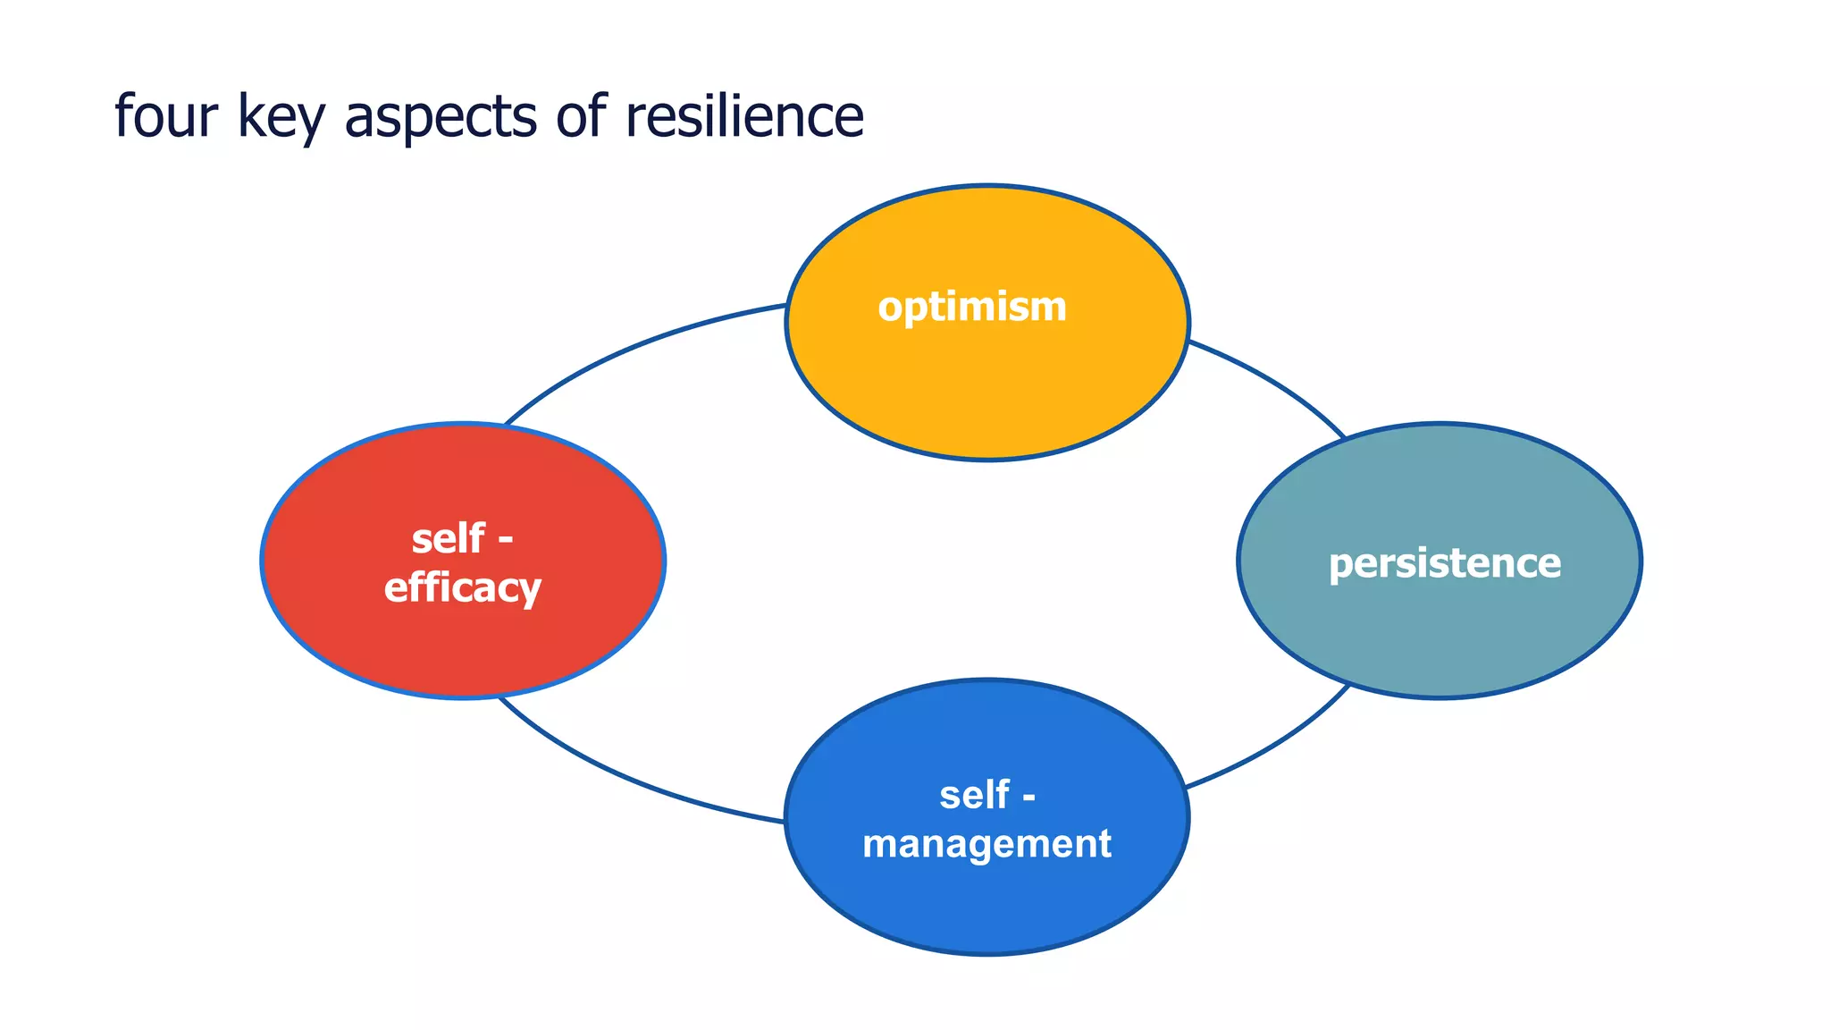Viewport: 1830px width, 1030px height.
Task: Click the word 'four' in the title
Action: (x=166, y=116)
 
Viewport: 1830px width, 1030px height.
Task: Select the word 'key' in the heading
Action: (x=281, y=118)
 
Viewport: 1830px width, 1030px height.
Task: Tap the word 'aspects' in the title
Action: (x=440, y=118)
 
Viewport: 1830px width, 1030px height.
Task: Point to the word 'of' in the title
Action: (x=580, y=116)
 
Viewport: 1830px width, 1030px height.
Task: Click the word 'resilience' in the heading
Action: (x=744, y=116)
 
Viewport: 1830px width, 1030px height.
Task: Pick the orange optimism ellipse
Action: (x=986, y=393)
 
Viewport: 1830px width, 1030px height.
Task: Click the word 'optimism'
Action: (x=972, y=307)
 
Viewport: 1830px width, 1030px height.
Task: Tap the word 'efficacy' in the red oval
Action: (x=462, y=587)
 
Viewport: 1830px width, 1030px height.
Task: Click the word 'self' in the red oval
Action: (x=449, y=539)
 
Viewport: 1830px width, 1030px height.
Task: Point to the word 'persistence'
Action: (x=1444, y=563)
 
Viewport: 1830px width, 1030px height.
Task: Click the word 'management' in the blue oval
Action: (x=986, y=843)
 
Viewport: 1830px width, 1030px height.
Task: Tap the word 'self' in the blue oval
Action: (x=974, y=795)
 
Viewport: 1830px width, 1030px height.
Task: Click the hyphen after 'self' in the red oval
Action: (x=505, y=540)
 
